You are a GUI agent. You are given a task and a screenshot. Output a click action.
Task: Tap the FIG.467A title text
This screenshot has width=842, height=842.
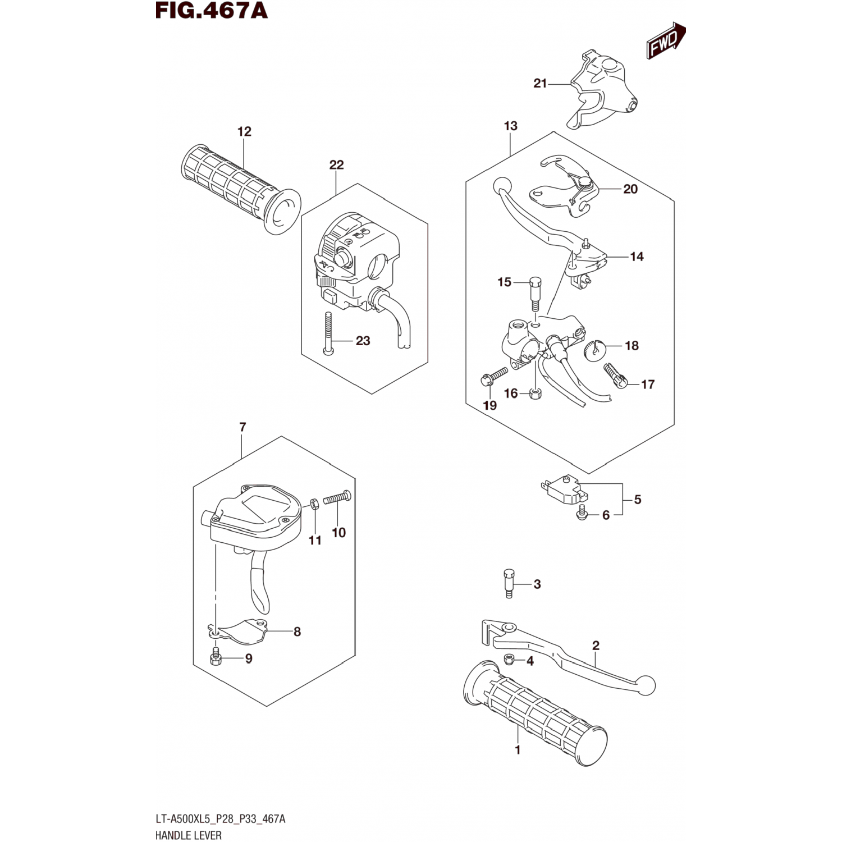click(x=212, y=10)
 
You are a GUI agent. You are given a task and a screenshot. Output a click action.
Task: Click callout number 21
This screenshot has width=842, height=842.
click(x=540, y=84)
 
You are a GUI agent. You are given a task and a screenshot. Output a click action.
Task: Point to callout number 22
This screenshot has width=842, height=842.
click(x=336, y=164)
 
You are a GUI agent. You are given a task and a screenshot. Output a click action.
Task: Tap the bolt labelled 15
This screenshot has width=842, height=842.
click(x=534, y=294)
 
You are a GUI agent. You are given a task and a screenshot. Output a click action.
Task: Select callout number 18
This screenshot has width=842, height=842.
click(x=631, y=345)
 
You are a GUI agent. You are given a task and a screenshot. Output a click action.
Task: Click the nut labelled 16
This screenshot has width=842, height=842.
click(x=535, y=393)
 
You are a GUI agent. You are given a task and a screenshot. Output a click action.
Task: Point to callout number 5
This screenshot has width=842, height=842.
click(x=638, y=499)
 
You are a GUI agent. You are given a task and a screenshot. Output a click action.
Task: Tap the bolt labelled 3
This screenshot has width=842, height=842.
click(x=509, y=584)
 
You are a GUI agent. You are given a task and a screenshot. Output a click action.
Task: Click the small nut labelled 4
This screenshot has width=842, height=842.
click(x=509, y=660)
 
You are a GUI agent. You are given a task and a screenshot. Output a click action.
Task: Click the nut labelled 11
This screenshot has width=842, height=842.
click(x=315, y=502)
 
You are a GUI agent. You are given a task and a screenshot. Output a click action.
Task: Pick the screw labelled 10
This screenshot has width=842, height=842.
click(x=337, y=497)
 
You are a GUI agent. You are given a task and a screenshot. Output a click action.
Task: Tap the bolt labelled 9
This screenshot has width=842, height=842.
click(x=216, y=657)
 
